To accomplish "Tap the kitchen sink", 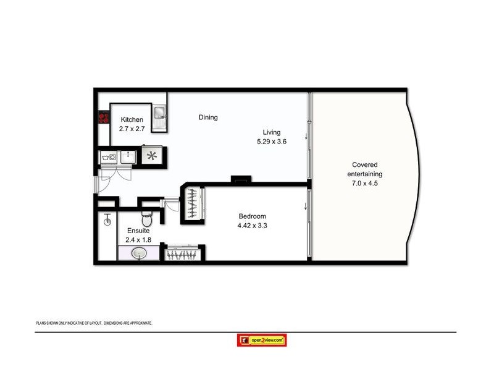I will pyautogui.click(x=159, y=113).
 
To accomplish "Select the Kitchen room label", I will pyautogui.click(x=132, y=120).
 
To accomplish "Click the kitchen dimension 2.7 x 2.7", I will pyautogui.click(x=132, y=129).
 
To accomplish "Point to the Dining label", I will pyautogui.click(x=208, y=117).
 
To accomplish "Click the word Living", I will pyautogui.click(x=272, y=132).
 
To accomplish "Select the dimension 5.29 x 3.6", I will pyautogui.click(x=272, y=142).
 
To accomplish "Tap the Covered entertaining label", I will pyautogui.click(x=365, y=169).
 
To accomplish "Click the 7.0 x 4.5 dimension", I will pyautogui.click(x=365, y=183).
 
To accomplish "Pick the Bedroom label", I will pyautogui.click(x=252, y=216).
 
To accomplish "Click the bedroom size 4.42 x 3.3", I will pyautogui.click(x=252, y=226).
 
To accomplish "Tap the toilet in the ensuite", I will pyautogui.click(x=146, y=220).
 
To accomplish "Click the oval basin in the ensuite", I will pyautogui.click(x=138, y=253).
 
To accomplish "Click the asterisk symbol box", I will pyautogui.click(x=151, y=156).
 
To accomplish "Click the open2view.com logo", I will pyautogui.click(x=262, y=340).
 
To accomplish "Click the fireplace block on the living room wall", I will pyautogui.click(x=241, y=180).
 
